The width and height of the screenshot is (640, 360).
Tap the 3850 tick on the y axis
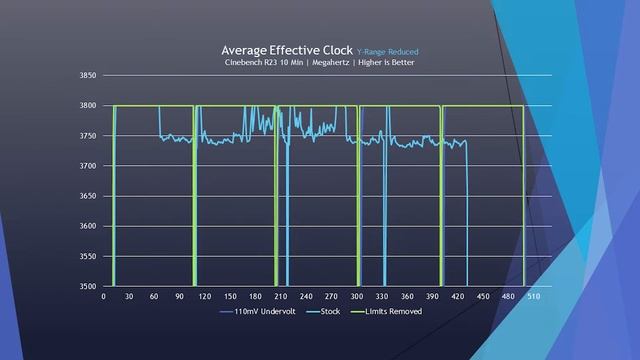[86, 75]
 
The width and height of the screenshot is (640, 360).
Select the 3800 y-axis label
[86, 105]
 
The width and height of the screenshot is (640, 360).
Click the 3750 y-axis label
[86, 135]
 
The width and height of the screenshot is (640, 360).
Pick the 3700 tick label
[86, 166]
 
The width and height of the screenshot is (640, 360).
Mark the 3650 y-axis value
[86, 196]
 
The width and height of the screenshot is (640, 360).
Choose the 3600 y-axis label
[86, 226]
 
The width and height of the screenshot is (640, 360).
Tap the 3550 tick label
[86, 256]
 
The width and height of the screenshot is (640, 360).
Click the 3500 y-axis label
[86, 286]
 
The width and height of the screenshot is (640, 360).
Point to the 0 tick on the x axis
[104, 296]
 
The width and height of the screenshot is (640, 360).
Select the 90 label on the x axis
[180, 296]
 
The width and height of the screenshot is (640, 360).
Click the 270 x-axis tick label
[331, 296]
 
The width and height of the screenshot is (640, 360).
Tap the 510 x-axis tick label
[533, 296]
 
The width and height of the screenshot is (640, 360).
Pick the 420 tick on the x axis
[458, 296]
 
